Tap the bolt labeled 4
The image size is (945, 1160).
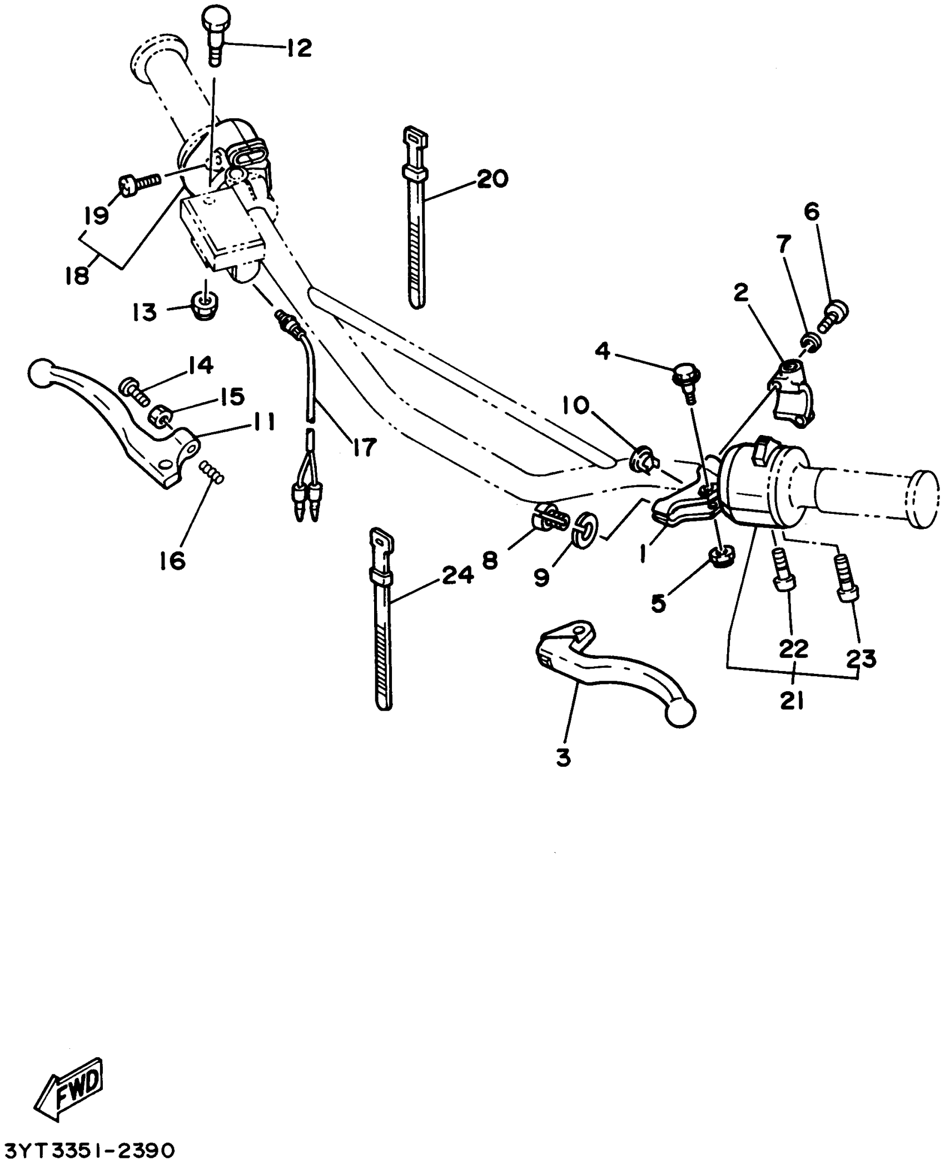(x=687, y=380)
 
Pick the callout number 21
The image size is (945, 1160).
(x=792, y=702)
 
